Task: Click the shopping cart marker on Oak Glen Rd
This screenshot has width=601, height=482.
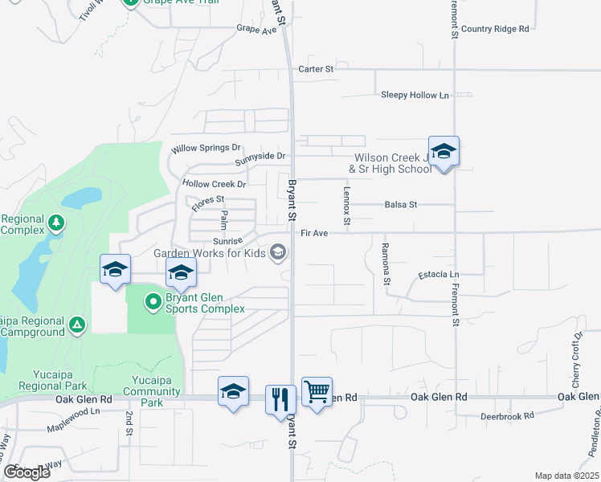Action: [317, 393]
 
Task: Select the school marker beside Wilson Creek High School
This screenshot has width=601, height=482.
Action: [444, 151]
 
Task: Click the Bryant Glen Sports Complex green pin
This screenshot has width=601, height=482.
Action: [153, 302]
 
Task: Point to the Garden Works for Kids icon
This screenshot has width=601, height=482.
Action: [278, 253]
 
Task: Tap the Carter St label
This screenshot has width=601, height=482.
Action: [316, 69]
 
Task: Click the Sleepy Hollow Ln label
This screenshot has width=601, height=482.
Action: [415, 95]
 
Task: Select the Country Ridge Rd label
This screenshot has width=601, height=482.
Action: [495, 28]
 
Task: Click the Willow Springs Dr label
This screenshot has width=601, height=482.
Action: [206, 149]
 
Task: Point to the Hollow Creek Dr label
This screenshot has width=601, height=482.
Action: [214, 184]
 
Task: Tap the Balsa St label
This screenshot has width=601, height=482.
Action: [400, 205]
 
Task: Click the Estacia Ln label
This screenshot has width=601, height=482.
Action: [438, 275]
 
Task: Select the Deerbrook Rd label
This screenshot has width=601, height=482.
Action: [507, 416]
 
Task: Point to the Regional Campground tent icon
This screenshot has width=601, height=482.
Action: [76, 325]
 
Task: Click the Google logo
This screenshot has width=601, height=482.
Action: [26, 472]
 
